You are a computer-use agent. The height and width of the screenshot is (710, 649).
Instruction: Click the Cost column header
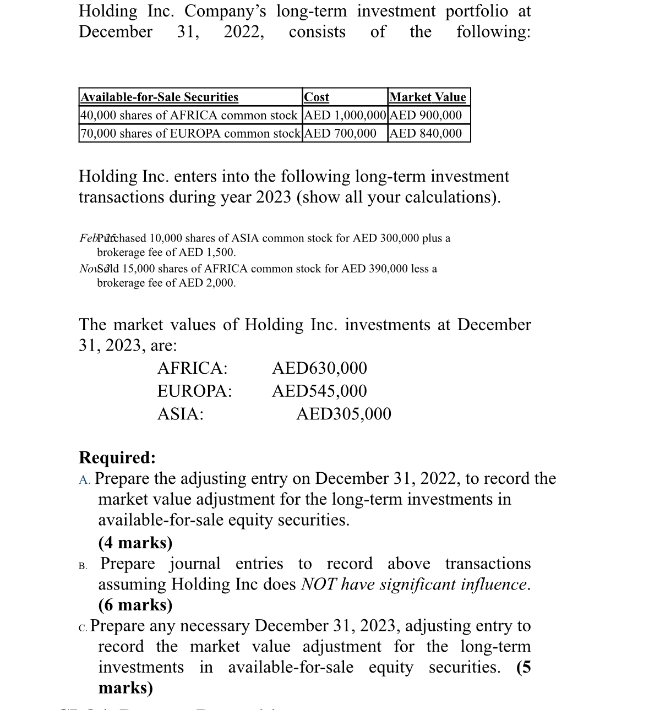click(x=317, y=97)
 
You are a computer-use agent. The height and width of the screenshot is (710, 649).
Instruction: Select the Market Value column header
click(x=428, y=97)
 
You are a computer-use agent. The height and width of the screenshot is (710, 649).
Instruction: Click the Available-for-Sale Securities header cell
click(x=160, y=97)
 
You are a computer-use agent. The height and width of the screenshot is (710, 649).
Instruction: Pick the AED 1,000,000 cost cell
click(x=345, y=116)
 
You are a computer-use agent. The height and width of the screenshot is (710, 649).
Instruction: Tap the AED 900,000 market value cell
click(x=426, y=116)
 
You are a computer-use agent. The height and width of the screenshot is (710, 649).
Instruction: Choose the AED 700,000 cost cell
click(x=340, y=134)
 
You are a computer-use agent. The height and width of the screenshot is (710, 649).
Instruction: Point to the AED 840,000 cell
click(x=426, y=134)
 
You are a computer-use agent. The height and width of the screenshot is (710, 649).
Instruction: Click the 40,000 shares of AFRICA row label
click(x=189, y=116)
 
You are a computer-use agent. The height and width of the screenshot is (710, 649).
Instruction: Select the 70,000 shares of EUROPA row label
click(x=190, y=134)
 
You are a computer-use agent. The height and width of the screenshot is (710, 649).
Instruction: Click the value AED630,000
click(x=319, y=368)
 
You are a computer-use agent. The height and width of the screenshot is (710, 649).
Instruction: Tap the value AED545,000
click(x=319, y=391)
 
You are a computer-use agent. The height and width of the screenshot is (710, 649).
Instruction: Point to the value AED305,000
click(x=343, y=414)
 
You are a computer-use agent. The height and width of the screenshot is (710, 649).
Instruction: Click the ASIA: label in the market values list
click(x=180, y=414)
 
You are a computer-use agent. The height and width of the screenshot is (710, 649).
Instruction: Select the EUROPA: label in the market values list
click(x=194, y=391)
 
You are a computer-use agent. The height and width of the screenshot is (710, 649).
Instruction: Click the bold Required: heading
click(x=117, y=457)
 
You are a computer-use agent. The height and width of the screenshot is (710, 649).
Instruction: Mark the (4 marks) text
click(x=135, y=543)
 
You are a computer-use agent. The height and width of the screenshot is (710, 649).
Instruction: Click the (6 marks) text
click(x=135, y=605)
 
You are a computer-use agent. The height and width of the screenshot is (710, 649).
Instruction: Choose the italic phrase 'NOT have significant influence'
click(x=415, y=584)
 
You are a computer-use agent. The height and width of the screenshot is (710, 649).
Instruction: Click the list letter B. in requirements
click(x=83, y=565)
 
